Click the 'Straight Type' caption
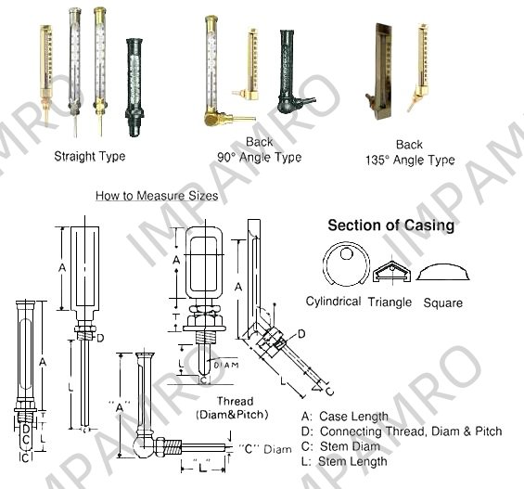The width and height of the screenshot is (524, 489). pos(90,156)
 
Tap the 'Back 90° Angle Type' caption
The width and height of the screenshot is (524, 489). pos(260,149)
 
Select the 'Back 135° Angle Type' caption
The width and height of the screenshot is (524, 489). pos(410,152)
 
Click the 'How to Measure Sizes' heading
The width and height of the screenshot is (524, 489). pos(157,196)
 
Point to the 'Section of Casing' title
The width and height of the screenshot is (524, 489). pos(391,225)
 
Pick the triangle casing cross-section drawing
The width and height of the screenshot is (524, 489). pos(392,271)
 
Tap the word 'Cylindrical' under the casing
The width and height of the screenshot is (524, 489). pos(333,302)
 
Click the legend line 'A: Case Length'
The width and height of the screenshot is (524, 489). pos(345,416)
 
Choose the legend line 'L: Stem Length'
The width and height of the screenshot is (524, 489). pos(344,461)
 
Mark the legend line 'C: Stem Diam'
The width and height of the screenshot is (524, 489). pos(340,446)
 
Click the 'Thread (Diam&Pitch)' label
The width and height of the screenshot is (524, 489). pos(232,407)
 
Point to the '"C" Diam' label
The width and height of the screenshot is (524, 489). pos(264,449)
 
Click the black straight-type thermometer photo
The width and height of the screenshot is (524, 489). pos(134,87)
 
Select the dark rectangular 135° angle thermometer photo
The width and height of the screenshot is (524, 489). pos(381,71)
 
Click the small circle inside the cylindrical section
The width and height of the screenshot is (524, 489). pos(347,254)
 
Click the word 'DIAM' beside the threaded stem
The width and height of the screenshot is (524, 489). pos(226,365)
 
